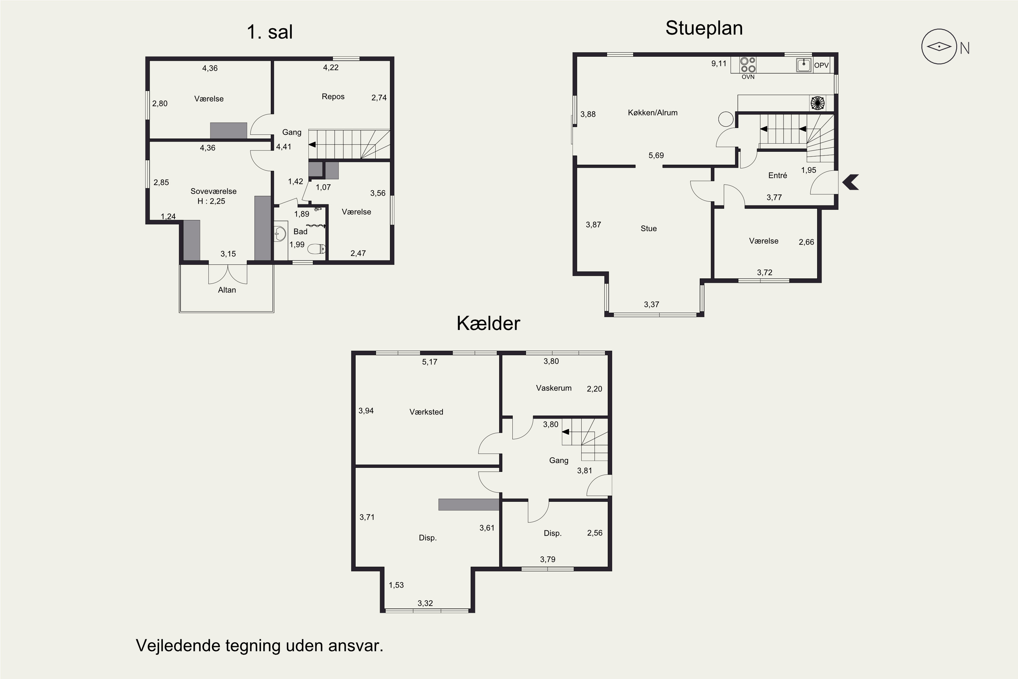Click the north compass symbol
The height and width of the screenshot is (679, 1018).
939,47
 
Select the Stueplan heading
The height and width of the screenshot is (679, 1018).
704,29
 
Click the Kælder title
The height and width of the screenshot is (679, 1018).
488,324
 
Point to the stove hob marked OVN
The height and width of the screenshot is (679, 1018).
748,65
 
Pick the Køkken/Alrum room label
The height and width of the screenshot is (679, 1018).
653,113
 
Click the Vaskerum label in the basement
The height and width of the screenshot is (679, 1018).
553,388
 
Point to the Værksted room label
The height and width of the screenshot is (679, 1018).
426,412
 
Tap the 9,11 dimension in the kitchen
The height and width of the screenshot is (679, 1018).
719,64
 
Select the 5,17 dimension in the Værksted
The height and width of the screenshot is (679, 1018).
430,362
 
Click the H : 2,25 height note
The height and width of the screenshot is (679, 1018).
211,201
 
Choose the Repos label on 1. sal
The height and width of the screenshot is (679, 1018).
333,96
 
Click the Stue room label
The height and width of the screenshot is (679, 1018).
648,228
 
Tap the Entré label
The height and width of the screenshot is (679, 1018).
777,176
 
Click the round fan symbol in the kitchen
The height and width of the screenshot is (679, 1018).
817,104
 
